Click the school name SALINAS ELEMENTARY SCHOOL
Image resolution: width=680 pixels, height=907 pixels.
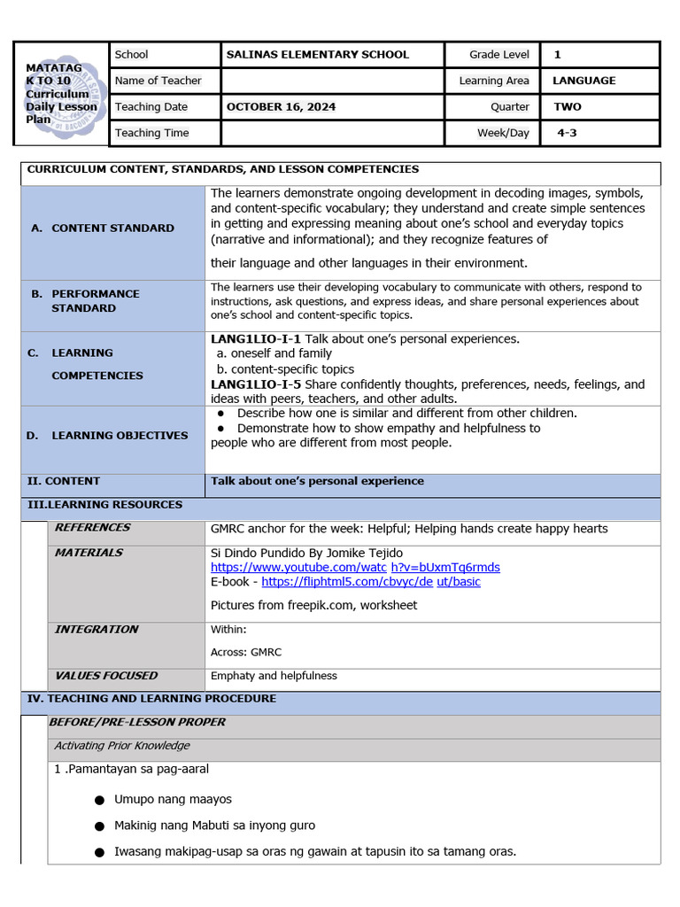point(317,55)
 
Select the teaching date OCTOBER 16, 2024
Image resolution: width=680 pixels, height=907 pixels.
point(281,107)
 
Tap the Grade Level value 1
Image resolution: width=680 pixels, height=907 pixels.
point(557,55)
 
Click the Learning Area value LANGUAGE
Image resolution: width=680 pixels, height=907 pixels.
point(583,81)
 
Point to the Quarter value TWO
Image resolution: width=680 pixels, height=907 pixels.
point(567,107)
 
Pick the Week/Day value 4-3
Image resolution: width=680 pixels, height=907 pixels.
point(567,133)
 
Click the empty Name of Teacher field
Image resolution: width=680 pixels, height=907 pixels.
point(331,81)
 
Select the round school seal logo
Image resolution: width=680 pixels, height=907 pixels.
point(60,93)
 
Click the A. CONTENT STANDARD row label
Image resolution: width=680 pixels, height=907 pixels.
point(102,229)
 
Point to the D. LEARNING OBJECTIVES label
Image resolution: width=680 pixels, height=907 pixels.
point(108,436)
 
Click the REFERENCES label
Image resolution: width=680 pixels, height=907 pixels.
point(92,528)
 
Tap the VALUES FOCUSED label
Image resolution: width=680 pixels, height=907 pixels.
point(105,676)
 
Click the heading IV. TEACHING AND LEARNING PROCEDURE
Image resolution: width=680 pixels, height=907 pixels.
point(151,699)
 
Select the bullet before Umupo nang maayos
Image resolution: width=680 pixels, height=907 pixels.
point(100,800)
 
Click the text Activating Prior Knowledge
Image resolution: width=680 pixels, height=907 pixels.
point(122,746)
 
